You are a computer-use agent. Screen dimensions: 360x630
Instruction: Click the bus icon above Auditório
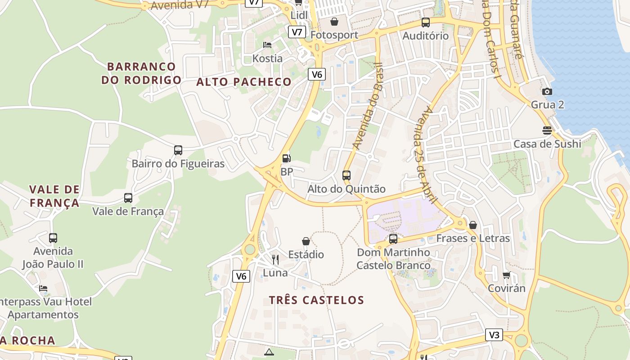click(x=426, y=22)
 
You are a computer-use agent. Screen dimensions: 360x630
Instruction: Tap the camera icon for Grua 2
click(x=547, y=92)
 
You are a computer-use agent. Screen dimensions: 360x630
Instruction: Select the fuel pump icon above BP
click(x=286, y=158)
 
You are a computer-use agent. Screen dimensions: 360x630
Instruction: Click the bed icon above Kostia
click(x=267, y=45)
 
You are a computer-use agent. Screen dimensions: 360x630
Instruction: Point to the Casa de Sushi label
click(x=547, y=144)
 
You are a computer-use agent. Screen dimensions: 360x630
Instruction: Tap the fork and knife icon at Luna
click(x=275, y=260)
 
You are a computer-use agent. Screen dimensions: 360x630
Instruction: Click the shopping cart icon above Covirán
click(x=507, y=275)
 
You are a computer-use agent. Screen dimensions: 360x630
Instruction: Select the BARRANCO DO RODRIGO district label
click(x=141, y=73)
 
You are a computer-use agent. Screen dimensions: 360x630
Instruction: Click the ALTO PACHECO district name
click(x=244, y=82)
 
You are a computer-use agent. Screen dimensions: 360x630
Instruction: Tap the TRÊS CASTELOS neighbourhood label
click(x=316, y=300)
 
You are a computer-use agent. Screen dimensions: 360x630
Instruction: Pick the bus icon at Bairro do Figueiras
click(x=178, y=150)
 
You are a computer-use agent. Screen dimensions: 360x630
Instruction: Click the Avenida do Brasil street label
click(x=367, y=106)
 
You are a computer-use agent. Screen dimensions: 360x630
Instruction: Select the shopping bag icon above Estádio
click(x=306, y=242)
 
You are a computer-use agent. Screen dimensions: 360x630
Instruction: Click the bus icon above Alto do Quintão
click(x=346, y=175)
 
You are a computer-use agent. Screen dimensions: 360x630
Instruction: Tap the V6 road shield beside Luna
click(x=241, y=276)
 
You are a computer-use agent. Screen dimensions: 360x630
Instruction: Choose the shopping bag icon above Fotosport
click(x=334, y=22)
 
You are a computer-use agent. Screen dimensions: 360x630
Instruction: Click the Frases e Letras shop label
click(x=473, y=238)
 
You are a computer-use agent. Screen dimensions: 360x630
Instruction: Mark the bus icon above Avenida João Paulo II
click(x=53, y=238)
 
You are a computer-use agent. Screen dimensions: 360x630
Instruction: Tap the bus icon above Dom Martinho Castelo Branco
click(x=393, y=239)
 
